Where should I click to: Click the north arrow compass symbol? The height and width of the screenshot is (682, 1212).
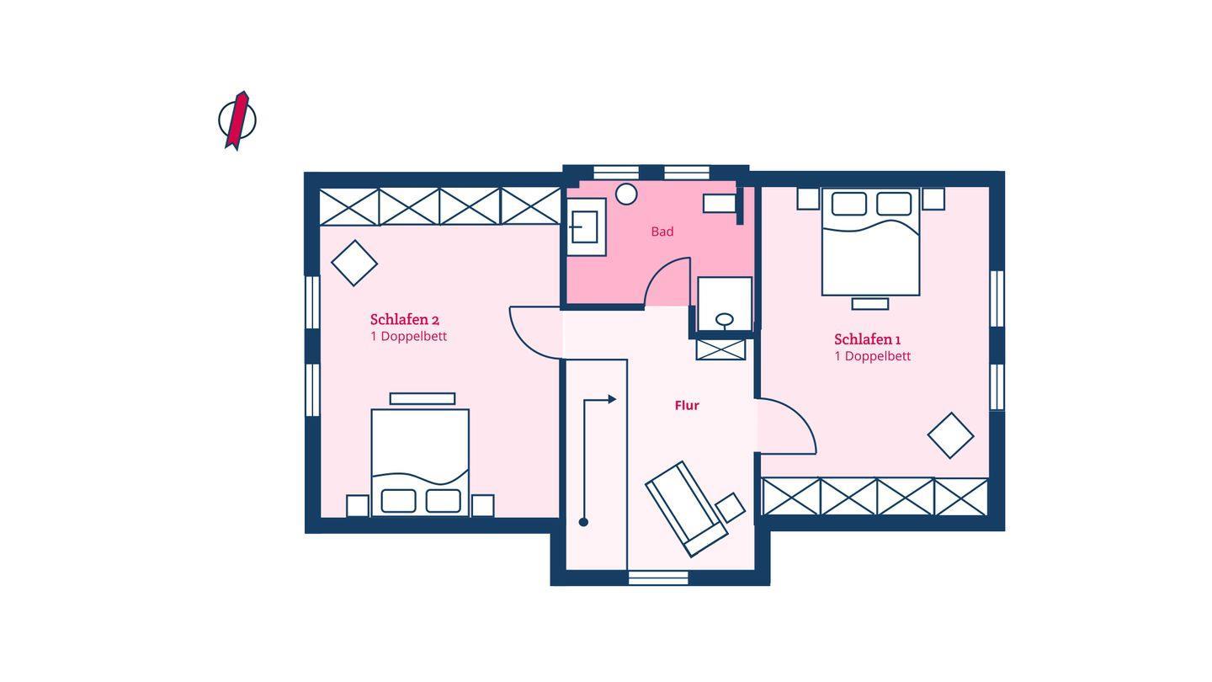pos(237,120)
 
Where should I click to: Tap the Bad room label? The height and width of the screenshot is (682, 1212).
pos(662,232)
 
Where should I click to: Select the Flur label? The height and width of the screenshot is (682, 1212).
pos(687,406)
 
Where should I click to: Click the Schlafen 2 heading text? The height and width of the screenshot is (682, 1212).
pos(405,319)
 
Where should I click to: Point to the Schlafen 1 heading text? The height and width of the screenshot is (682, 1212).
pos(867,339)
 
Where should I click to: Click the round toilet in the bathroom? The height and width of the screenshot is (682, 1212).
pos(626,194)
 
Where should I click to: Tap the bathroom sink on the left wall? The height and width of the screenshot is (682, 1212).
pos(586,226)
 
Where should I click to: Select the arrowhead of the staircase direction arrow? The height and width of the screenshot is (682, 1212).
pos(612,399)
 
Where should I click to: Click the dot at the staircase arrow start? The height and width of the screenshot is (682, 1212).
pos(583,522)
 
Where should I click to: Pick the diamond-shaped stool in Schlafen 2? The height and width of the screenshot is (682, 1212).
pos(354,263)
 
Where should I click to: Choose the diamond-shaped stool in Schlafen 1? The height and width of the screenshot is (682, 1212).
pos(951,436)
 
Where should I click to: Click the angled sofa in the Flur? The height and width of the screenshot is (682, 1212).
pos(686,509)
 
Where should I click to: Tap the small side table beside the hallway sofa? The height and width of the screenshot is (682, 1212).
pos(731,507)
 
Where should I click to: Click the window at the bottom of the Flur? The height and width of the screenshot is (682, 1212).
pos(658,578)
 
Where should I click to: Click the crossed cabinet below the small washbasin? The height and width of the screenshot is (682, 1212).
pos(720,349)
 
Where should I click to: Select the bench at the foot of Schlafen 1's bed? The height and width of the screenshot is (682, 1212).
pos(870,304)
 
